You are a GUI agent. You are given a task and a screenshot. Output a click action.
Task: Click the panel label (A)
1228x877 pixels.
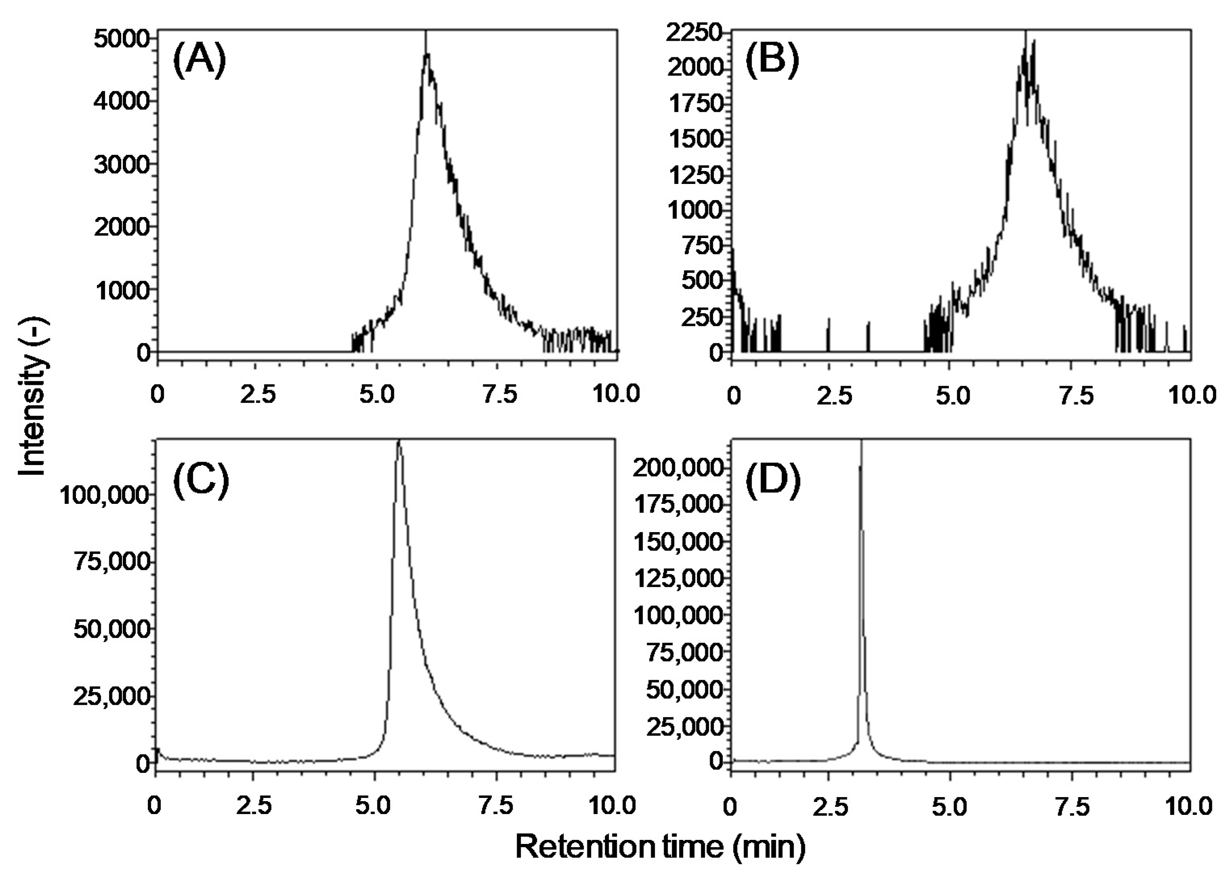[x=199, y=60]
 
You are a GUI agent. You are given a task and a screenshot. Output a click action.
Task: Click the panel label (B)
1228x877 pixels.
[x=771, y=60]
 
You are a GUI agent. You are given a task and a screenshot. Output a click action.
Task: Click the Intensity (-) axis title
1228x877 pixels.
[x=34, y=397]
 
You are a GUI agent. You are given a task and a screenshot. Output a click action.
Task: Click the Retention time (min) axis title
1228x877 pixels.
[x=660, y=847]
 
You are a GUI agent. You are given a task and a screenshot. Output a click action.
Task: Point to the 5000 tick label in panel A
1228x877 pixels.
[x=122, y=40]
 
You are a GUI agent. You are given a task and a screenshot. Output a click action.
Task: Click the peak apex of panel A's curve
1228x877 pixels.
[x=426, y=54]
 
